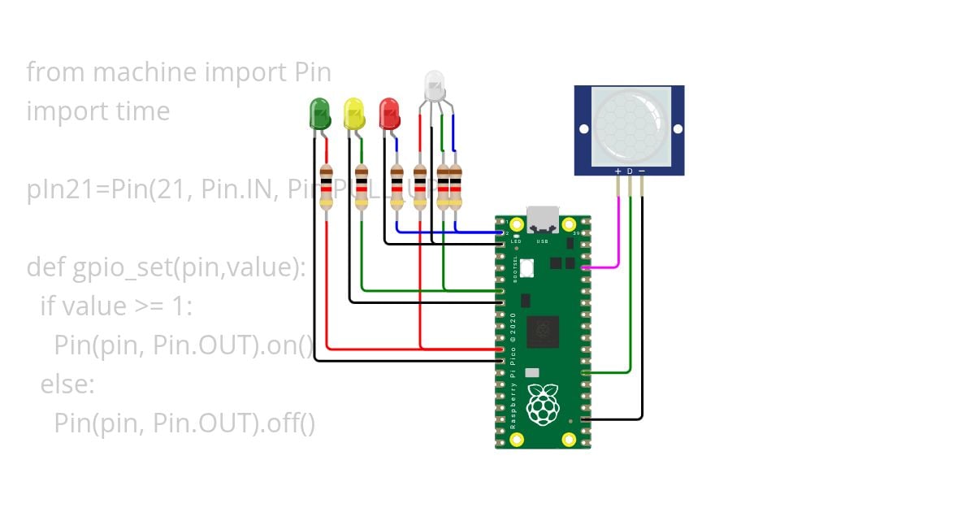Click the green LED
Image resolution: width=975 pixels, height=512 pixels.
tap(318, 113)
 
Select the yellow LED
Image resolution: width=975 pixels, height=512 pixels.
tap(353, 113)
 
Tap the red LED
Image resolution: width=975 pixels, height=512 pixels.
tap(389, 113)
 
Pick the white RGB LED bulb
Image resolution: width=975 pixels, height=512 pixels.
tap(435, 85)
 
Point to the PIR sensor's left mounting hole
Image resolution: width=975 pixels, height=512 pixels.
tap(583, 129)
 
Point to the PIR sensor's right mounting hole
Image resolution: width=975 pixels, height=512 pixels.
tap(676, 129)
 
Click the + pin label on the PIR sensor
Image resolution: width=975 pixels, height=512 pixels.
tap(617, 171)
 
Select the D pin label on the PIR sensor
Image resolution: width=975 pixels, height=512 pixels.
tap(630, 171)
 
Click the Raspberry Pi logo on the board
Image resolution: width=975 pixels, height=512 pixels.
tap(543, 405)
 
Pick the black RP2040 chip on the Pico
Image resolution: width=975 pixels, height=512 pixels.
tap(543, 332)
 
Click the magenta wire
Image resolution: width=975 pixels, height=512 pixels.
tap(618, 236)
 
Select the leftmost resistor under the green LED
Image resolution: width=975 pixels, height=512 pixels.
tap(327, 187)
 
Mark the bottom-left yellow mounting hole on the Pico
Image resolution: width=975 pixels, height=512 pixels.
tap(517, 440)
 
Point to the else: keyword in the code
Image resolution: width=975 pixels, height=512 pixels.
tap(67, 384)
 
